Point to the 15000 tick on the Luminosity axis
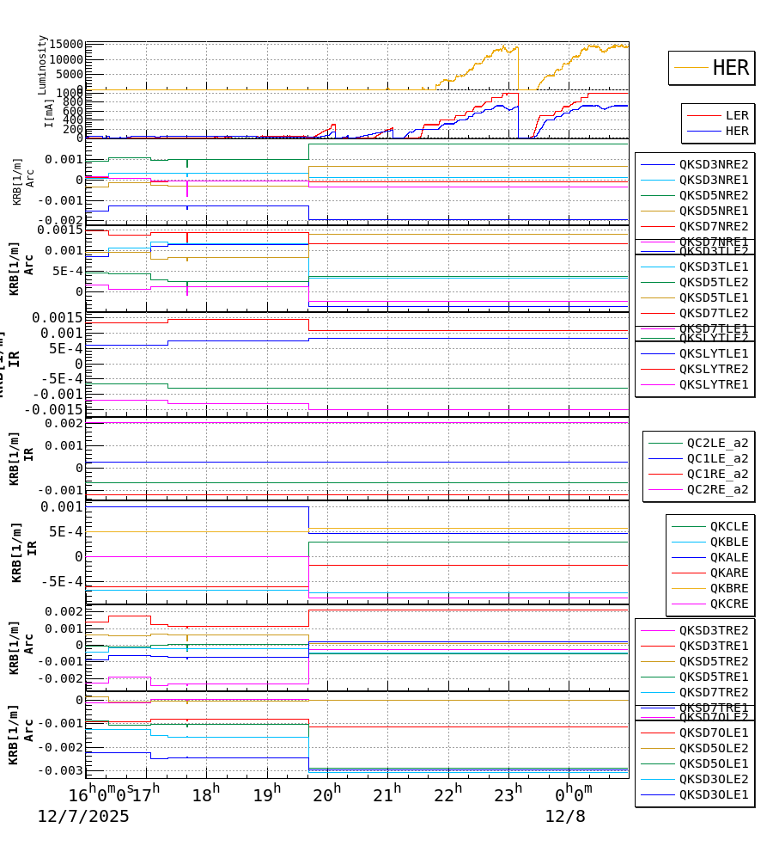(66, 45)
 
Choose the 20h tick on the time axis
(326, 793)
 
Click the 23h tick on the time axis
(508, 793)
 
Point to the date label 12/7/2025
(83, 816)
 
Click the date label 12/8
(565, 816)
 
